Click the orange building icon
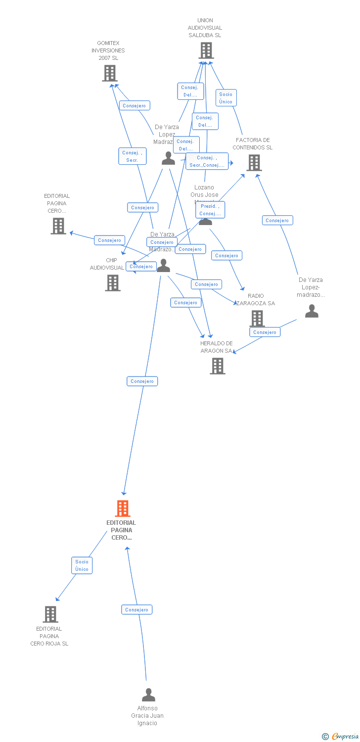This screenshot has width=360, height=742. click(x=123, y=509)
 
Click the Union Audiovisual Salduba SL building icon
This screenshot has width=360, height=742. click(x=206, y=50)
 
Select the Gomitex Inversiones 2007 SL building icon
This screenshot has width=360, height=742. click(x=109, y=73)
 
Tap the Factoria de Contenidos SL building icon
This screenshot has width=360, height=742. click(x=254, y=163)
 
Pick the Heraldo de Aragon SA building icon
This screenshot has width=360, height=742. click(x=218, y=366)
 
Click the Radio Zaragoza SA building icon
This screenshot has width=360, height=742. click(x=257, y=318)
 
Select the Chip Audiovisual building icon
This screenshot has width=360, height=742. click(x=113, y=283)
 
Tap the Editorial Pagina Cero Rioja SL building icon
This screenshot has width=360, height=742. click(x=50, y=614)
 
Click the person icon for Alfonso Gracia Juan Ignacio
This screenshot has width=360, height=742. click(x=148, y=695)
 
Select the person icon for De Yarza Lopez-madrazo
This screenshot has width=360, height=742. click(x=312, y=311)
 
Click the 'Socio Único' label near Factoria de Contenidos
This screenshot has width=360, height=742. click(x=225, y=98)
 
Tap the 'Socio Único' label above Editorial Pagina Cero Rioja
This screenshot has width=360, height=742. click(x=82, y=565)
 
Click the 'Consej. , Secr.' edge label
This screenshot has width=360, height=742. click(x=132, y=156)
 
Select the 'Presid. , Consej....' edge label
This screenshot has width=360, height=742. click(x=210, y=210)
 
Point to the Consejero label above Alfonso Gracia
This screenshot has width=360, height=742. click(x=137, y=610)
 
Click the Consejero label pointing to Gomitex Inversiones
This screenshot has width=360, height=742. click(x=135, y=106)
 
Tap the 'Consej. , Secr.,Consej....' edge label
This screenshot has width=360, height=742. click(x=207, y=161)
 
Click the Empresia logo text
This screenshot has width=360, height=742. click(x=345, y=737)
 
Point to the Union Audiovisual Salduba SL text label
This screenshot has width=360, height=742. click(x=205, y=28)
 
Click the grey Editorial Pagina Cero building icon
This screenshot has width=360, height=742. click(x=58, y=226)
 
